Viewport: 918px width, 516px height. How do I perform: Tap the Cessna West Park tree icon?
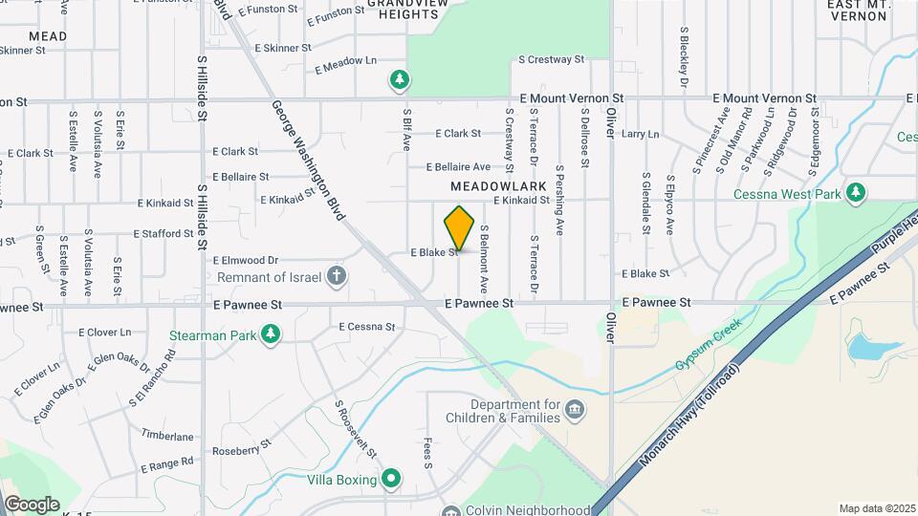pyautogui.click(x=856, y=194)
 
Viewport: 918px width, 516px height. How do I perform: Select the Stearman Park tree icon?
pyautogui.click(x=273, y=333)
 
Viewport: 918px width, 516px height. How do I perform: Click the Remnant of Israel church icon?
pyautogui.click(x=336, y=277)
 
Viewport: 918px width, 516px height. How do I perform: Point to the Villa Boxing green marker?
pyautogui.click(x=390, y=479)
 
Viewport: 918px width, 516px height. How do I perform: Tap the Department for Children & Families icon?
pyautogui.click(x=574, y=410)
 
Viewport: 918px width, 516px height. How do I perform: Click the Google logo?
pyautogui.click(x=31, y=504)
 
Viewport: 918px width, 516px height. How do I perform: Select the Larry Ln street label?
pyautogui.click(x=640, y=135)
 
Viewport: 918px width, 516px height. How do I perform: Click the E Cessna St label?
pyautogui.click(x=366, y=327)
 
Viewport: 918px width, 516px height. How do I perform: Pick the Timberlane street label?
pyautogui.click(x=167, y=436)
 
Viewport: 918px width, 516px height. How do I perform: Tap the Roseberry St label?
pyautogui.click(x=242, y=450)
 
